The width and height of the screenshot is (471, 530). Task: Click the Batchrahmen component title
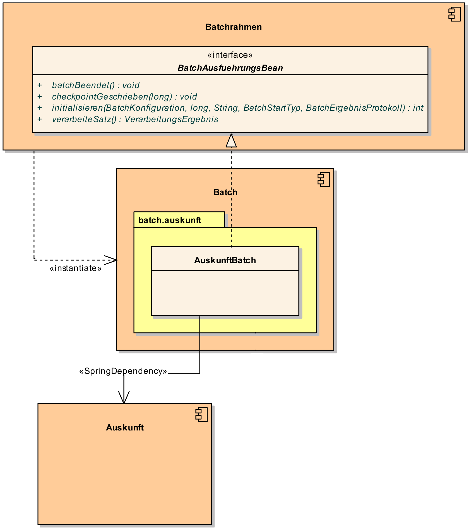click(x=234, y=27)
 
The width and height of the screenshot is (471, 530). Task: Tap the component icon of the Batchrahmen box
click(x=455, y=14)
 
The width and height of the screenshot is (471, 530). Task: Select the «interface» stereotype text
click(x=230, y=55)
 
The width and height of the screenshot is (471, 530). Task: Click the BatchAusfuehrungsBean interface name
click(x=230, y=68)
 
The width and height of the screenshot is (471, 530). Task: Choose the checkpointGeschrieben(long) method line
click(x=124, y=97)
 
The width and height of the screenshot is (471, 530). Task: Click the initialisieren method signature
click(x=237, y=108)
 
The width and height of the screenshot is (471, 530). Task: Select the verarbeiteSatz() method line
click(x=135, y=119)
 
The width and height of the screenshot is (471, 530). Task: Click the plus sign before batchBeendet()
click(x=40, y=85)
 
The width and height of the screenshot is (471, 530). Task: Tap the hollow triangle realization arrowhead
click(x=231, y=141)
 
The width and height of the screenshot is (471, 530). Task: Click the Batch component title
click(x=225, y=192)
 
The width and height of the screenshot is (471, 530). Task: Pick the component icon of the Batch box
click(x=324, y=180)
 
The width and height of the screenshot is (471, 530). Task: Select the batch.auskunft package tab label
click(x=170, y=220)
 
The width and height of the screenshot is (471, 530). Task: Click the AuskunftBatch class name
click(x=225, y=260)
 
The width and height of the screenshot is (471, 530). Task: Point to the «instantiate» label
click(x=76, y=268)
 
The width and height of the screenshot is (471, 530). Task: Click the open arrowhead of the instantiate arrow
click(x=112, y=260)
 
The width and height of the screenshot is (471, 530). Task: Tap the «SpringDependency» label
click(x=123, y=371)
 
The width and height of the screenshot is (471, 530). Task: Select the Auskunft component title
click(x=125, y=428)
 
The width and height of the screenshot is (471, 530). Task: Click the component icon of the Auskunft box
click(x=201, y=415)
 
